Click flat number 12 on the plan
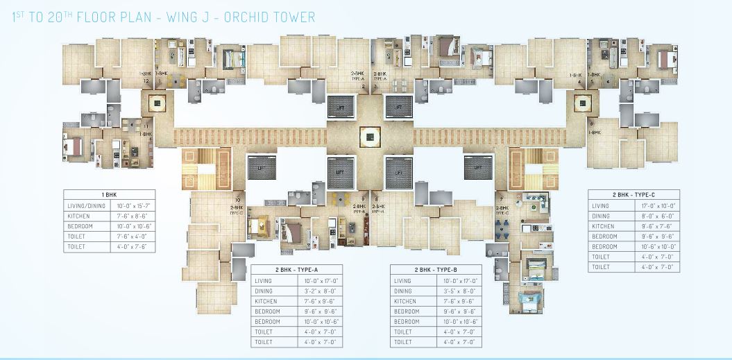click(146, 81)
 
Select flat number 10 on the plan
click(237, 200)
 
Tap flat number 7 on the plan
click(500, 200)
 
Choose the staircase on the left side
click(196, 168)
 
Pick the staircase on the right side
click(534, 168)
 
